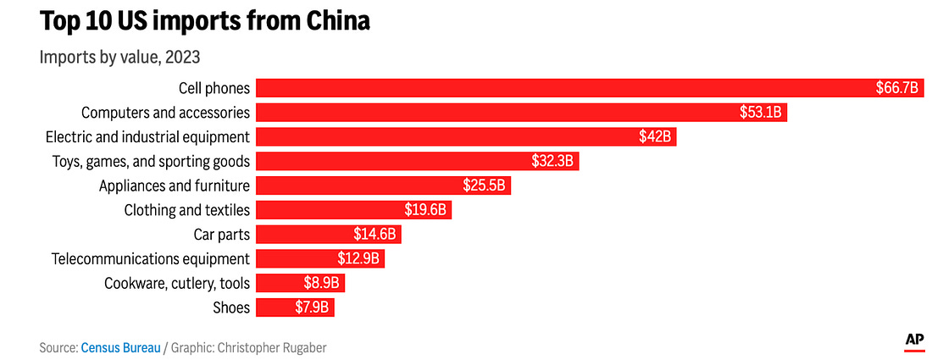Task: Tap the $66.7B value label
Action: (x=897, y=87)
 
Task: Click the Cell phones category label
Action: (x=214, y=87)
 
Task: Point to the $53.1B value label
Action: (x=761, y=112)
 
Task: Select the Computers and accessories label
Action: (x=165, y=112)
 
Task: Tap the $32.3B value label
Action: (x=553, y=161)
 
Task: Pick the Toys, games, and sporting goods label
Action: (x=151, y=161)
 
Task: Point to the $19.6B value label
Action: (x=426, y=210)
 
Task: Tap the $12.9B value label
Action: (x=359, y=259)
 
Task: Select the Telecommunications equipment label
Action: (x=151, y=259)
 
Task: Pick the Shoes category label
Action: (x=233, y=307)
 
